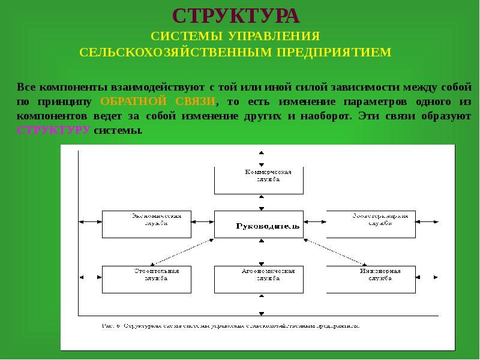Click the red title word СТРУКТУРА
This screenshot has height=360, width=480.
[235, 15]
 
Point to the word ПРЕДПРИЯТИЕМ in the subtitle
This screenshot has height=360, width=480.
[334, 52]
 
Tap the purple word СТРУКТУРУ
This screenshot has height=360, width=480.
[53, 130]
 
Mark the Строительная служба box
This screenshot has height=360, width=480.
[146, 278]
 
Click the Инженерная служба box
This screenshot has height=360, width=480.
[371, 278]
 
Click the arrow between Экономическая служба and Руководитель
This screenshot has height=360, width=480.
[203, 223]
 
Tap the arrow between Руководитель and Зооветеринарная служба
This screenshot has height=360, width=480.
[315, 223]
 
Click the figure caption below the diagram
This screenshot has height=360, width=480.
[230, 326]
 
